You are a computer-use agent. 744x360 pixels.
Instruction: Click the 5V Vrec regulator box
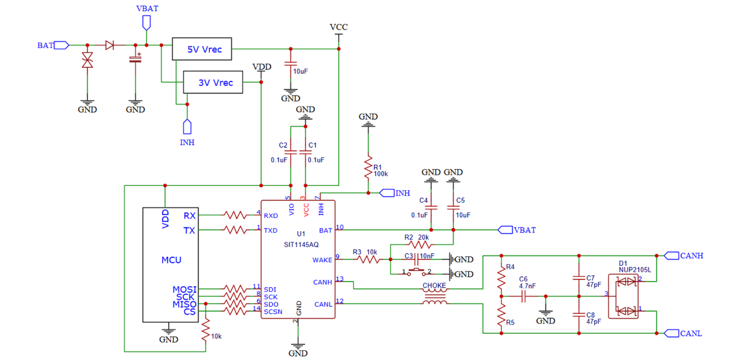click(x=202, y=49)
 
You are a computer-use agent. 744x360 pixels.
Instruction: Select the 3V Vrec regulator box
click(x=213, y=82)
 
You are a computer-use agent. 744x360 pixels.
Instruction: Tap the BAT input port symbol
click(x=61, y=45)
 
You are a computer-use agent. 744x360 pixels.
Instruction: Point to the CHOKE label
click(x=434, y=286)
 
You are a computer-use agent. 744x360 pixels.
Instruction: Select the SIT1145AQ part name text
click(x=301, y=245)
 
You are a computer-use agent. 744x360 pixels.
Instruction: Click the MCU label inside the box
click(x=172, y=260)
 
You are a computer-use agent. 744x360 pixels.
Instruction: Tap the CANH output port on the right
click(x=671, y=256)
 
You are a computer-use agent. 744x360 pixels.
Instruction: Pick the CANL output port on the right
click(x=671, y=333)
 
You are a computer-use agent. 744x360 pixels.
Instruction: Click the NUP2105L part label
click(x=635, y=270)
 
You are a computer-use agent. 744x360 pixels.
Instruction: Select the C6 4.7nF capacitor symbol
click(x=524, y=296)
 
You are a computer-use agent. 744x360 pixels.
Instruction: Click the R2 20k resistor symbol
click(x=420, y=245)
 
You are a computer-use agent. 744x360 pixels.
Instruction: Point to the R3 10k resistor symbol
click(x=368, y=259)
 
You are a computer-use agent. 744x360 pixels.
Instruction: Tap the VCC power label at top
click(x=339, y=27)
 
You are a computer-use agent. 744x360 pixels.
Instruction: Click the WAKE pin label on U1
click(x=322, y=260)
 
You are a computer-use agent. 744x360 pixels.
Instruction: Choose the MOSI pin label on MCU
click(x=184, y=289)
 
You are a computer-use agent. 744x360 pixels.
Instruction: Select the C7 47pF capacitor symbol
click(x=579, y=278)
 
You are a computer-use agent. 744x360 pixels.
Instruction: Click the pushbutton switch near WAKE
click(x=416, y=272)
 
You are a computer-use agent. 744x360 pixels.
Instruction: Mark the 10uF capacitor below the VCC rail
click(x=290, y=63)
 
